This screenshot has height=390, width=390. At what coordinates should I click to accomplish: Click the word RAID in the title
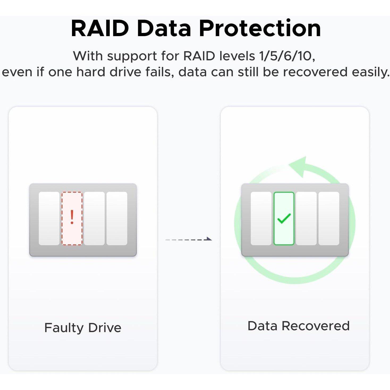100,28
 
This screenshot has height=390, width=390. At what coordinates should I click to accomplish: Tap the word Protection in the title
260,28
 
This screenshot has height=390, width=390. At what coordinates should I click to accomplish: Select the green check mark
284,218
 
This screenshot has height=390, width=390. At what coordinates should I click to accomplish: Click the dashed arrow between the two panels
188,239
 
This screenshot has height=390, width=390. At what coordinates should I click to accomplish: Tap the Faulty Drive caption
83,328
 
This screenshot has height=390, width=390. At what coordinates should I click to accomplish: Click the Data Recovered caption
298,326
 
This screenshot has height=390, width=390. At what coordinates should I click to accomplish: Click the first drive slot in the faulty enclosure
49,218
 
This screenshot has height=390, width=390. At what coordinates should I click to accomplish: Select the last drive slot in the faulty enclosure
117,218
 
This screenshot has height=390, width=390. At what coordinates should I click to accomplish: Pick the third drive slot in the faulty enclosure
94,218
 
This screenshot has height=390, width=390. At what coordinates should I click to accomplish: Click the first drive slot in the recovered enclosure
261,218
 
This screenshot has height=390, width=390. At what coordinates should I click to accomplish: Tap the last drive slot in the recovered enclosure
329,218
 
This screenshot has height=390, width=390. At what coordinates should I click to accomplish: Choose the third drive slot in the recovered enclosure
306,218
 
